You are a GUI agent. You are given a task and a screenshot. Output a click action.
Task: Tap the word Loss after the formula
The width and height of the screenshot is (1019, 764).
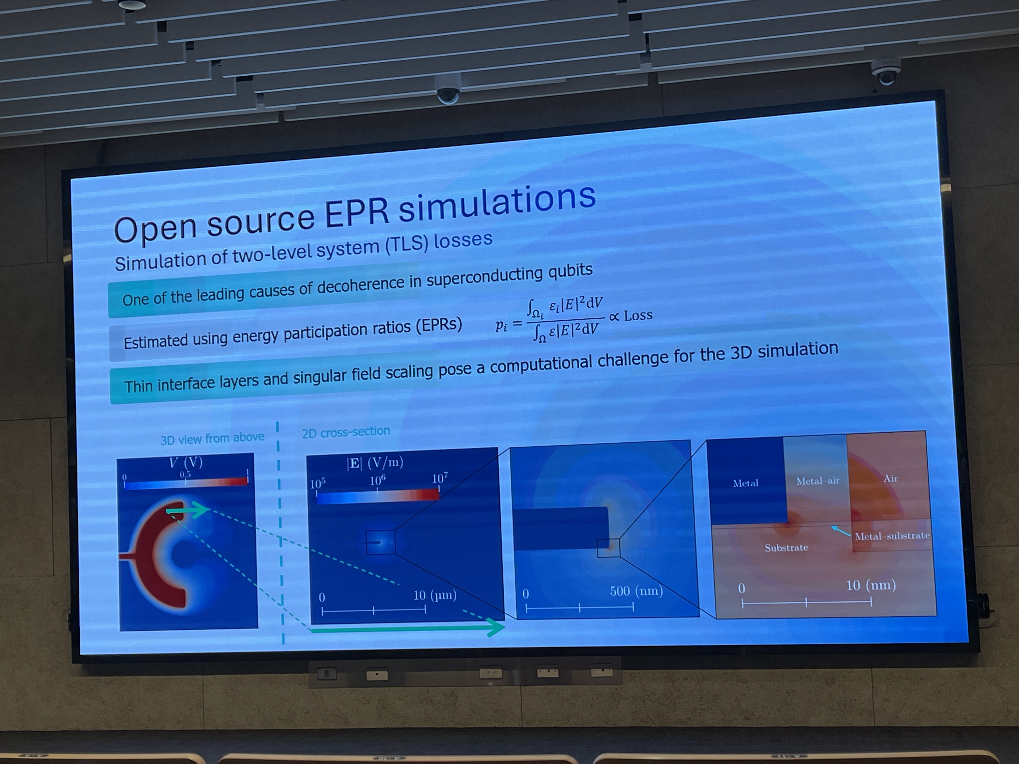point(638,316)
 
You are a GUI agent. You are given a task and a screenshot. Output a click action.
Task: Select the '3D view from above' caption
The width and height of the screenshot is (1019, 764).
point(212,438)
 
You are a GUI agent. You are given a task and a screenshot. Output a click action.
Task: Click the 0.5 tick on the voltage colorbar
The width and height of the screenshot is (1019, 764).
point(185,474)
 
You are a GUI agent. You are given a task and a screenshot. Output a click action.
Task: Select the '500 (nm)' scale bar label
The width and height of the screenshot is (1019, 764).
point(636,591)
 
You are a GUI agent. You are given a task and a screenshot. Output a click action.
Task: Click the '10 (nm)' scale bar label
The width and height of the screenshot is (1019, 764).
point(871,585)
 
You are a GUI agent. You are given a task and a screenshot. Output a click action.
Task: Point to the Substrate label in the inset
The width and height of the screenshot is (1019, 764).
point(786,547)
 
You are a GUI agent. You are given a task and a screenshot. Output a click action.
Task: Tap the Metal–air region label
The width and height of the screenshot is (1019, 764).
point(818,481)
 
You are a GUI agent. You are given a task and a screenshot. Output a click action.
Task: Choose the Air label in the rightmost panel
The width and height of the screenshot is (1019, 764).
point(890,479)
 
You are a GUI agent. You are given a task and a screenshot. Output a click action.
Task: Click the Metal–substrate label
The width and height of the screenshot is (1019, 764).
point(892,536)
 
